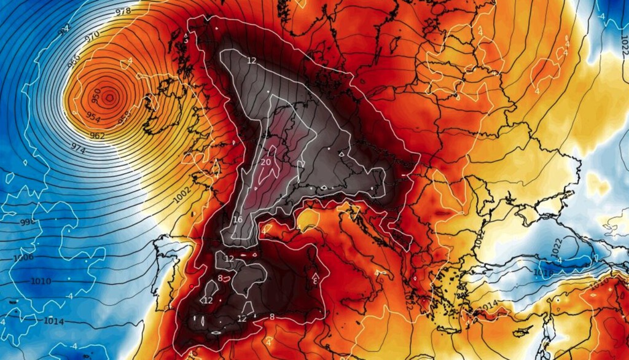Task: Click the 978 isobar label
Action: pyautogui.click(x=123, y=11)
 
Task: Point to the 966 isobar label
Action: pyautogui.click(x=74, y=61)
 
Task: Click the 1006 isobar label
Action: pyautogui.click(x=23, y=257)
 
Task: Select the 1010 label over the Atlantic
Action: pyautogui.click(x=41, y=281)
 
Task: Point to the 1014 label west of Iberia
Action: pyautogui.click(x=54, y=321)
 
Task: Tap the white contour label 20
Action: pyautogui.click(x=265, y=162)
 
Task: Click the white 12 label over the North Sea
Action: pyautogui.click(x=251, y=60)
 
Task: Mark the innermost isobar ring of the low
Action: pyautogui.click(x=109, y=96)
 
